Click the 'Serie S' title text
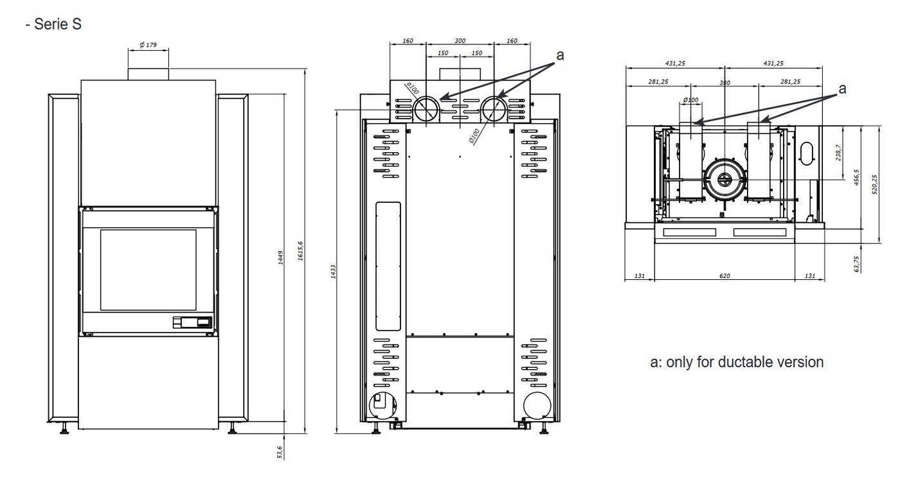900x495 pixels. point(57,24)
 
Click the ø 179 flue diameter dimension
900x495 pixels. point(148,45)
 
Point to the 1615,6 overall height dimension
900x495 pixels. point(301,251)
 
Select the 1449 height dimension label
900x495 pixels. point(280,257)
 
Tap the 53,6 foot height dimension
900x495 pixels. point(280,452)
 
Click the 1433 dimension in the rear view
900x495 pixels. point(333,272)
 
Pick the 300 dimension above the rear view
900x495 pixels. point(460,41)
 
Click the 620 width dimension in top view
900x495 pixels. point(724,276)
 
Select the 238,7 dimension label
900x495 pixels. point(838,153)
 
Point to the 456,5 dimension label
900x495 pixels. point(856,177)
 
